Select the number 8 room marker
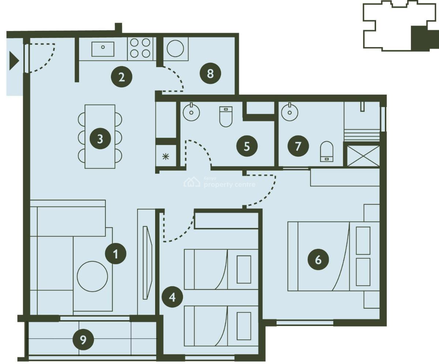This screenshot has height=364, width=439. (210, 73)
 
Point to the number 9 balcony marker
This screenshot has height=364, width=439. (83, 340)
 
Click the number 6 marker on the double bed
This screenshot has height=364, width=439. (318, 260)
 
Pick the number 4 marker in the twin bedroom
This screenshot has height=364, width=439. (172, 298)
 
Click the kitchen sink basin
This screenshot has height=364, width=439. (103, 49)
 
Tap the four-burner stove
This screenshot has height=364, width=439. (140, 48)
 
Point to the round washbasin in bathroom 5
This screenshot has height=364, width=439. (191, 112)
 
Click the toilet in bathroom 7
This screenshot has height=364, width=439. (327, 151)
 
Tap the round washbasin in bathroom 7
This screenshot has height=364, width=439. (290, 112)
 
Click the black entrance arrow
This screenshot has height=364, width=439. (14, 61)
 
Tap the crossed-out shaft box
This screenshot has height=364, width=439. (363, 156)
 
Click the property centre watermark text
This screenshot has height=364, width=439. (229, 185)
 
